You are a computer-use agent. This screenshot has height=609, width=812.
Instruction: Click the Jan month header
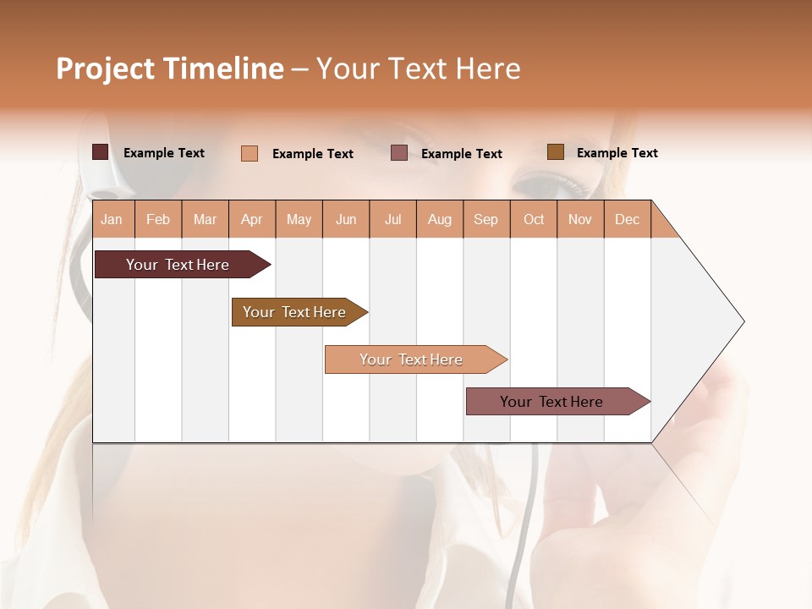(x=112, y=219)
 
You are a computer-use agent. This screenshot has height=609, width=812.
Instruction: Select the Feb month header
(x=158, y=219)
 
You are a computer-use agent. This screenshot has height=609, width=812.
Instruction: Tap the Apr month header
(x=252, y=219)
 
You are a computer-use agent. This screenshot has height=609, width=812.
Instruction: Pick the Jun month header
(x=346, y=219)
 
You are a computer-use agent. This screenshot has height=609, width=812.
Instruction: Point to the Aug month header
(x=440, y=219)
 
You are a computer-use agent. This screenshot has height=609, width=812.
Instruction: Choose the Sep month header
(x=486, y=219)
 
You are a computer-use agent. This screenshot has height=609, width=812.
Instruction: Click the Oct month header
(x=534, y=219)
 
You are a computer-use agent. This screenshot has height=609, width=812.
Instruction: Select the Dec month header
(x=628, y=219)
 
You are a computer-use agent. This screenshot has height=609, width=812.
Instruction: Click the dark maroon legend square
(x=100, y=152)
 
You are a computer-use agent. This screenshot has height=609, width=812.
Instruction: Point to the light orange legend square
(x=250, y=153)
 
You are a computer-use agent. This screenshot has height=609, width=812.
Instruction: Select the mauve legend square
(x=399, y=153)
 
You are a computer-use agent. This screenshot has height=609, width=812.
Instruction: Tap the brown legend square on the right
(x=556, y=152)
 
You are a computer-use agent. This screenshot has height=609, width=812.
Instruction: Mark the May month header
(x=299, y=219)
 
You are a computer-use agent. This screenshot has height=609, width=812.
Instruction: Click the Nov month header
(x=580, y=219)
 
